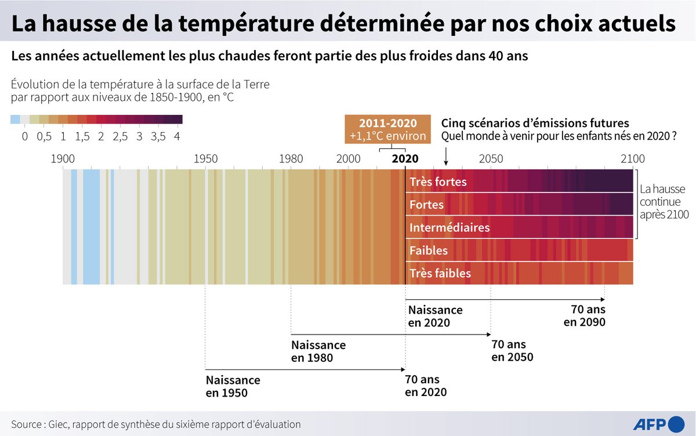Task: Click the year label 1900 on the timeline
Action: [63, 159]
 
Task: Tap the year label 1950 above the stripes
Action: [206, 159]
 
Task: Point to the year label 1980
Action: [291, 159]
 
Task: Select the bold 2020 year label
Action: [405, 159]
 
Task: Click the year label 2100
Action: [632, 159]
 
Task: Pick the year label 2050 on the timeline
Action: [491, 159]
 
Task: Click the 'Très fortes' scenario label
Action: [438, 182]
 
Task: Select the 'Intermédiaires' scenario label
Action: [449, 227]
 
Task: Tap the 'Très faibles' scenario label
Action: [440, 273]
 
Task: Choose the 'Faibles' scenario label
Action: [429, 250]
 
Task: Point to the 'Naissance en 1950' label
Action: [233, 387]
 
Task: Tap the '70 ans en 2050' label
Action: [512, 351]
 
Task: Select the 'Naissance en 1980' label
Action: [318, 351]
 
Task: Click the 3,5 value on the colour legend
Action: [158, 137]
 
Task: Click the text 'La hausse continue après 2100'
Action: [663, 202]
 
